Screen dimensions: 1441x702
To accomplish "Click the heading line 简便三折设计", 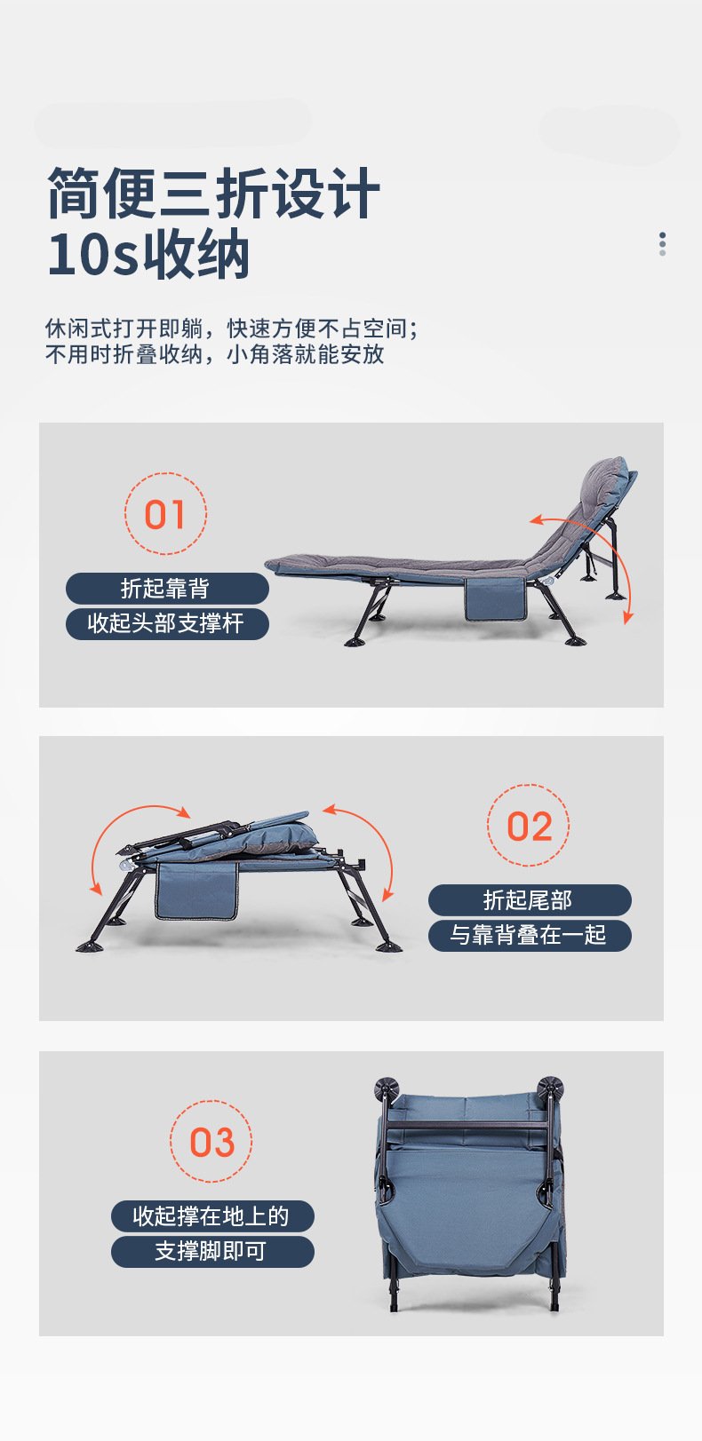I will pos(213,193).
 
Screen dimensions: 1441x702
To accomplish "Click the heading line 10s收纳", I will pos(148,256).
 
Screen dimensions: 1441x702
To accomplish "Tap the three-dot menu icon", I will pos(662,244).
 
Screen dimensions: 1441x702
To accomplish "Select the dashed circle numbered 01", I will pos(165,514).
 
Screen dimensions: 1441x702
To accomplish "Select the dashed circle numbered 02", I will pos(529,826).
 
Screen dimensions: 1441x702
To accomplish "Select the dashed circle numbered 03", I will pos(211,1142).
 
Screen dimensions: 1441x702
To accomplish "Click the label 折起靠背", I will pos(166,589).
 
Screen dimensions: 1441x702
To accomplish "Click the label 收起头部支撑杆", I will pos(166,623).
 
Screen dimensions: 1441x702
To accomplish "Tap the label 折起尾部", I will pos(529,900).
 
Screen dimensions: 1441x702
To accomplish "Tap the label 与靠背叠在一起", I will pos(529,935).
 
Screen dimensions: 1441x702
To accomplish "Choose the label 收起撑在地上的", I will pos(211,1216).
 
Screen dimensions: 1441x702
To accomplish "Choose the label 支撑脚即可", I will pos(211,1251).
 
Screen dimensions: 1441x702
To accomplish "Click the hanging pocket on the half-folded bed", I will pos(196,891).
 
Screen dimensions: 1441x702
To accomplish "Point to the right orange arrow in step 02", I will pos(369,843).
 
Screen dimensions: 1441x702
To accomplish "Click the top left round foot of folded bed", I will pos(387,1089).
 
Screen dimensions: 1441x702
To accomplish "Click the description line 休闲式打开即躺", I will pos(124,329).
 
